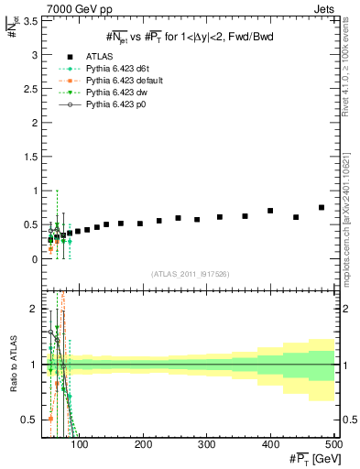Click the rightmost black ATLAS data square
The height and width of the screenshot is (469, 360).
[322, 207]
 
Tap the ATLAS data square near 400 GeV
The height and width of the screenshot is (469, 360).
[270, 211]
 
